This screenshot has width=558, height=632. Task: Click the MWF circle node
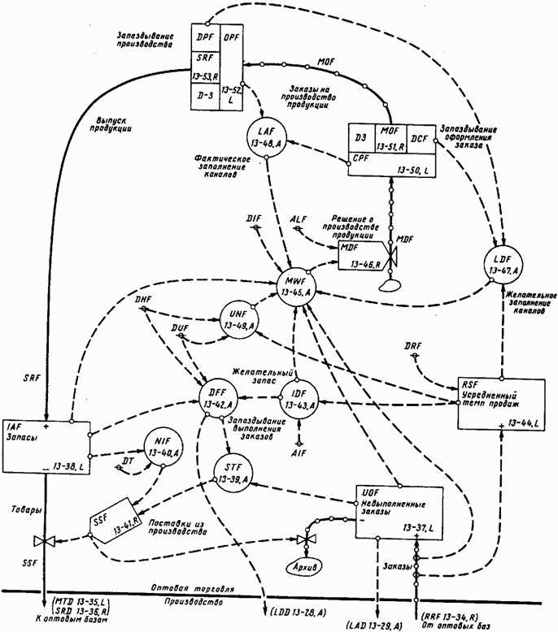coord(294,288)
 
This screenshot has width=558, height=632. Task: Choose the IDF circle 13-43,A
coord(298,399)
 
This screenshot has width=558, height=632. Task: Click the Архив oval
coord(300,566)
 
